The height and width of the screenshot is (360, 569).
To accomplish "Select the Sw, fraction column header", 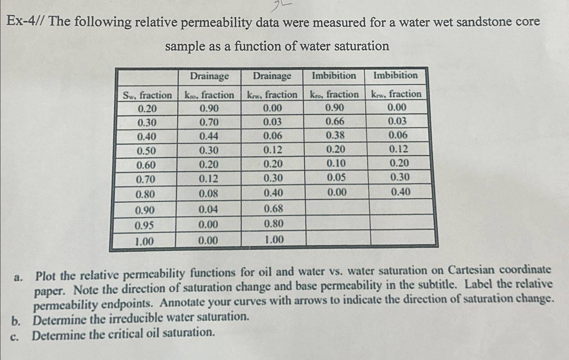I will [x=147, y=95].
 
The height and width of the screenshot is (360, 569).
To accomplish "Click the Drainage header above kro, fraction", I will [x=209, y=76].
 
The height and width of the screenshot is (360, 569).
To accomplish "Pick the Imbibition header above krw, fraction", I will [x=395, y=75].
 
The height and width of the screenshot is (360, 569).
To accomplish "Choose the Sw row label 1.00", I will [x=144, y=241].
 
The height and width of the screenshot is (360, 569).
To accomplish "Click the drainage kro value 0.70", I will [x=209, y=122].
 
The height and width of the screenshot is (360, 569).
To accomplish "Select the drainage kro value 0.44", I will [x=209, y=136].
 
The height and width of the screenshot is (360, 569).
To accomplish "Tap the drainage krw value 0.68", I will [x=273, y=209].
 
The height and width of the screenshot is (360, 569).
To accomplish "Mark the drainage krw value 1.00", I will [x=274, y=240].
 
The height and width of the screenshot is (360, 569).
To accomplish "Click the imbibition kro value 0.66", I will [x=335, y=121].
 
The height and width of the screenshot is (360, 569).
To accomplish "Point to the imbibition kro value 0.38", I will [x=335, y=136].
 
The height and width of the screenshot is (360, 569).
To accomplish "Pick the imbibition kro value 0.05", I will [x=336, y=177].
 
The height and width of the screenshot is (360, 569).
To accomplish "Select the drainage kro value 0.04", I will [x=208, y=210].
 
